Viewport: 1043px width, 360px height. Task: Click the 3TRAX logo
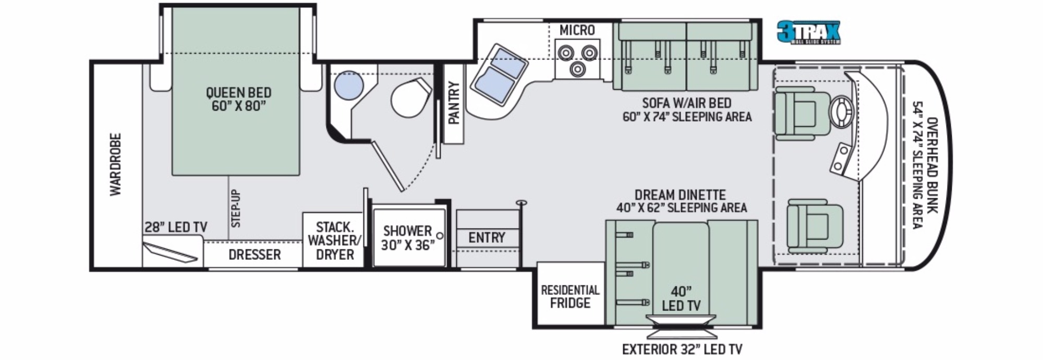pos(808,32)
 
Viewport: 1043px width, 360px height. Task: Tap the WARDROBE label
pos(115,164)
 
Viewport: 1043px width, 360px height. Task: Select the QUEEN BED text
pos(238,93)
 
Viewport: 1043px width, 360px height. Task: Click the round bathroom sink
pos(348,85)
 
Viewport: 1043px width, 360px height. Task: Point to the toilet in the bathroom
pos(411,99)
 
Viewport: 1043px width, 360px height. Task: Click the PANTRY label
pos(454,103)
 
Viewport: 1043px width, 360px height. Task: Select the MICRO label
pos(577,30)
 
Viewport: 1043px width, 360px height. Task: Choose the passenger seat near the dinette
pos(815,227)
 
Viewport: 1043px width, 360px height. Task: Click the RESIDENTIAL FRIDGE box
pos(571,295)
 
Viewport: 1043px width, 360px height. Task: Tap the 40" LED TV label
pos(681,298)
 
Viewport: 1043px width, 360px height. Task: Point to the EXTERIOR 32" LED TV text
pos(682,349)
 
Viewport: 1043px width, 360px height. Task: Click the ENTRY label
pos(487,238)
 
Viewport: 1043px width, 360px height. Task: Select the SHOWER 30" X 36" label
pos(408,238)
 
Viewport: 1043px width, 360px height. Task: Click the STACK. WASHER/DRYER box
pos(334,241)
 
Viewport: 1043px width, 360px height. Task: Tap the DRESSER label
pos(254,255)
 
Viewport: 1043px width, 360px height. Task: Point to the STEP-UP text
pos(236,208)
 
